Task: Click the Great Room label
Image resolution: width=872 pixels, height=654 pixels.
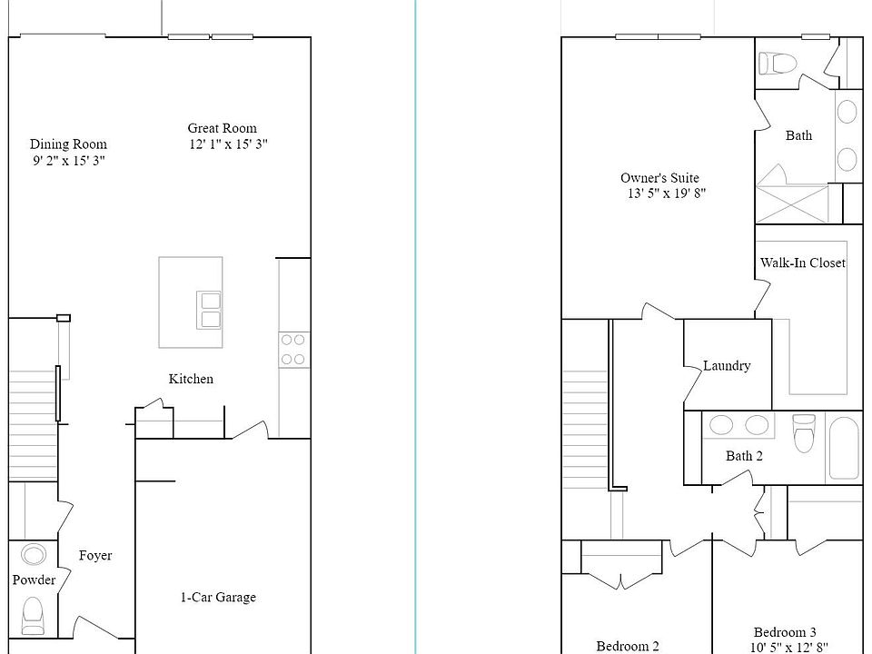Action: [x=222, y=128]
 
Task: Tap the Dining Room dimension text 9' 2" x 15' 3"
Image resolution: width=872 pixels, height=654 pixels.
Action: [x=68, y=161]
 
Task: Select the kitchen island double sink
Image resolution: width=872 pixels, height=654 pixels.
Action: [x=210, y=310]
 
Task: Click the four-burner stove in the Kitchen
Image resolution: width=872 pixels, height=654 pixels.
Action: [x=292, y=349]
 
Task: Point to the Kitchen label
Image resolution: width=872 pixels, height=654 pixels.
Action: [x=191, y=379]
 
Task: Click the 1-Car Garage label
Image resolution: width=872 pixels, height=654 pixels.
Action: [x=217, y=597]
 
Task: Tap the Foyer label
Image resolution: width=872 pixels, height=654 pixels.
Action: [x=95, y=555]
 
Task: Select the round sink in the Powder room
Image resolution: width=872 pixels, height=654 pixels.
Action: [x=34, y=555]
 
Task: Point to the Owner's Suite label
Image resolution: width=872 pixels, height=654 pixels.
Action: [x=659, y=178]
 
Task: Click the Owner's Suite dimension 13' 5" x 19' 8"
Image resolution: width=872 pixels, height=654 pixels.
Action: [x=666, y=193]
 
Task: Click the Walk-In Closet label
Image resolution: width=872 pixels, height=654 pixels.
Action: [x=802, y=263]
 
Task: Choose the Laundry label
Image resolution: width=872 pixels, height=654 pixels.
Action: [x=727, y=366]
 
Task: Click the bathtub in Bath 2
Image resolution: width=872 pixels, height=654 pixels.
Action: [x=844, y=450]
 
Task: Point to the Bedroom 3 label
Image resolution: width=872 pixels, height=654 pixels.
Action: [x=785, y=632]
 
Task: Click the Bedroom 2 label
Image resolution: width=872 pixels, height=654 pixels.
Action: [x=628, y=646]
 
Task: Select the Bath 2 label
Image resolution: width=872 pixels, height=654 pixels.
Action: [x=744, y=456]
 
